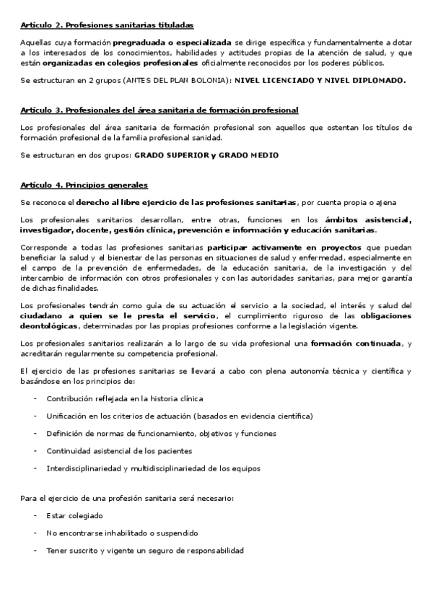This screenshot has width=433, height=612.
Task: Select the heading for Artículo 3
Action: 159,109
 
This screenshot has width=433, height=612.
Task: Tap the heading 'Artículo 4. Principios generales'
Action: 84,185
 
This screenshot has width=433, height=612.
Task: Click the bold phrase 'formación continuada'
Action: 356,343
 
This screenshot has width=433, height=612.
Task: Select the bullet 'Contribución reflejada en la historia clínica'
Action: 124,398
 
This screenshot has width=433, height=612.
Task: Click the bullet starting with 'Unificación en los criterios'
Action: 169,416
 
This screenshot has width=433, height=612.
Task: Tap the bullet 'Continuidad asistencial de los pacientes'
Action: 119,451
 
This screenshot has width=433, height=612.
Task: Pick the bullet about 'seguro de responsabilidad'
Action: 144,551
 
